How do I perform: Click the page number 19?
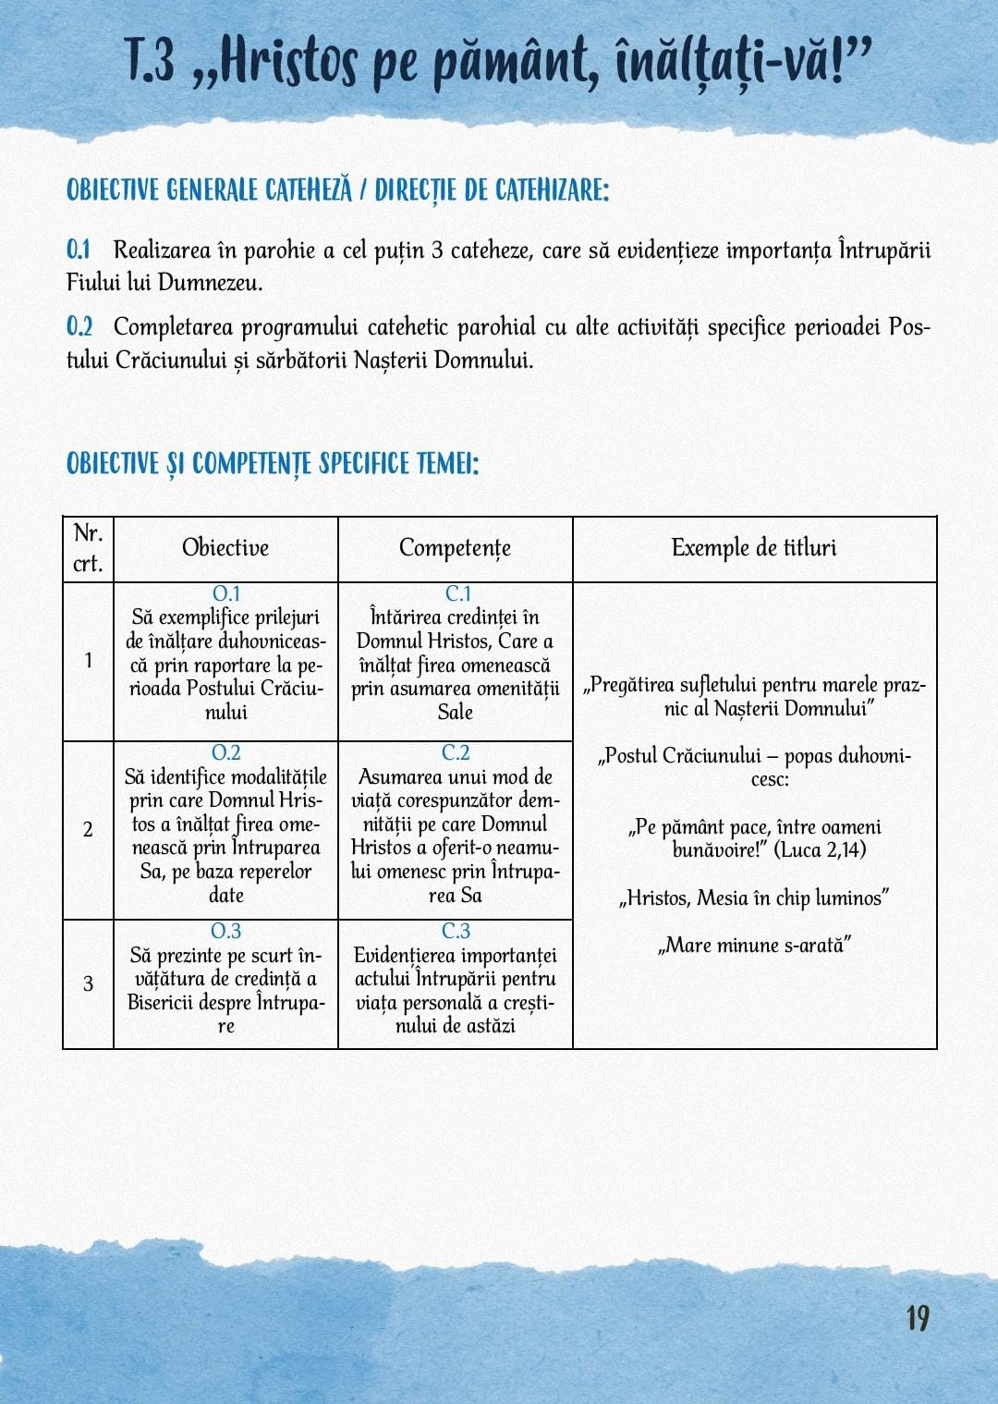click(917, 1317)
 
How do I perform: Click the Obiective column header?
click(225, 547)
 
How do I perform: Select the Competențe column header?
click(455, 547)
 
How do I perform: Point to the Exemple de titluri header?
click(754, 547)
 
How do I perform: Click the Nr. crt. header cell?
click(88, 548)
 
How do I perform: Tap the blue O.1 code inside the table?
click(225, 593)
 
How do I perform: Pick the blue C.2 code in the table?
click(456, 752)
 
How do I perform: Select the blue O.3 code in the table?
click(225, 931)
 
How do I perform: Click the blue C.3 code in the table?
click(456, 931)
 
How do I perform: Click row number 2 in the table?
click(88, 829)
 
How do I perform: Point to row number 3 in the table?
click(88, 983)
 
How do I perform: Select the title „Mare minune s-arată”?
click(754, 946)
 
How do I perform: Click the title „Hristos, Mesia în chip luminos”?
click(754, 897)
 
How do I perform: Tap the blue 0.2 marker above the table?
click(79, 326)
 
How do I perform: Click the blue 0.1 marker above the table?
click(79, 250)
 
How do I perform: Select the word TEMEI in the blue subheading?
click(445, 463)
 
